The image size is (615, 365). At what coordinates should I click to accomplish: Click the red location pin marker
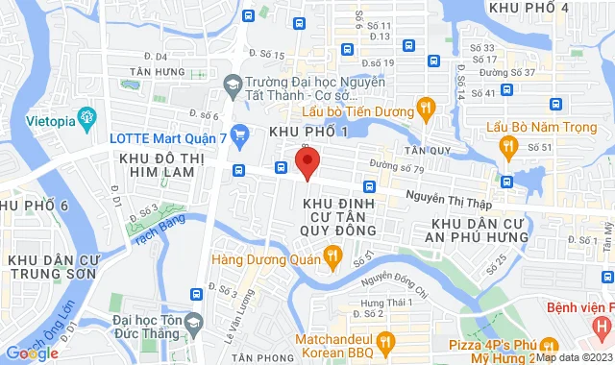(x=307, y=162)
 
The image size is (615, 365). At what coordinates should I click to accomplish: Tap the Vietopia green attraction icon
(x=87, y=119)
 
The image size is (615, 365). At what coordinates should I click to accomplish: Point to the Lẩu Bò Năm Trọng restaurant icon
(x=507, y=145)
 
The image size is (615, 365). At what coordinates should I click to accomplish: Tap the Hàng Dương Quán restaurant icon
(x=332, y=255)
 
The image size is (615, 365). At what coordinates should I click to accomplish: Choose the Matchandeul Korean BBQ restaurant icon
(x=385, y=340)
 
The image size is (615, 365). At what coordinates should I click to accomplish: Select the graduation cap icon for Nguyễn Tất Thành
(x=232, y=84)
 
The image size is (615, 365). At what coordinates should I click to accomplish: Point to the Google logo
(x=32, y=353)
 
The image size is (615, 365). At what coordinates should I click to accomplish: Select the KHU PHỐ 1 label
(x=307, y=131)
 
